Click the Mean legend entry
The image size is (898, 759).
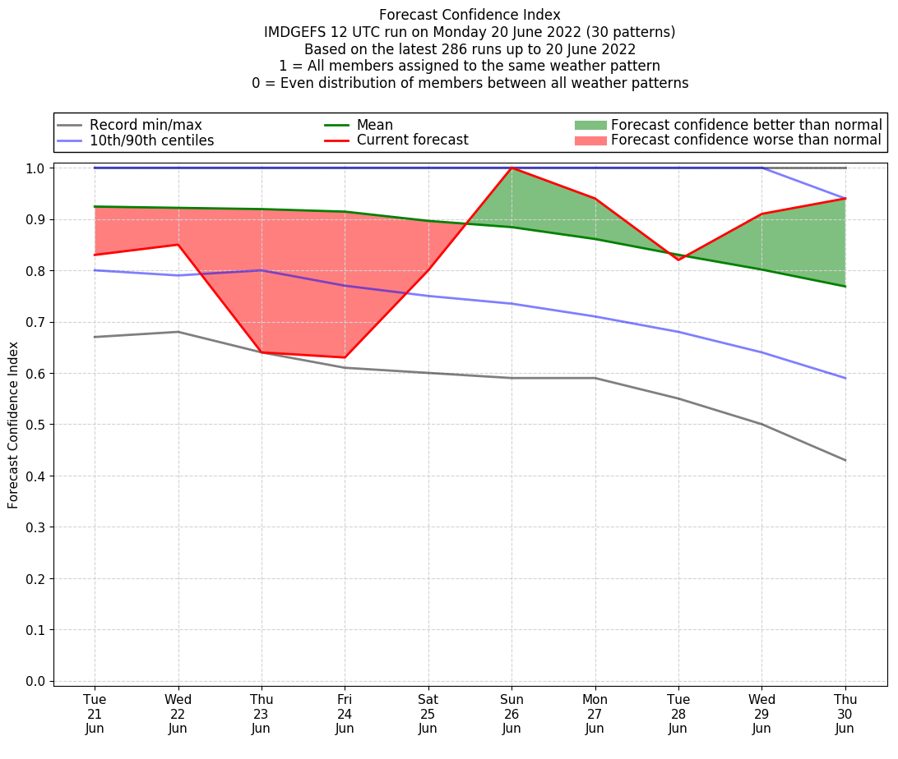(x=374, y=125)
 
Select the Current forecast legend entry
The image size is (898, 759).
(x=412, y=140)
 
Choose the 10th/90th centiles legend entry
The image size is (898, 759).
(x=151, y=140)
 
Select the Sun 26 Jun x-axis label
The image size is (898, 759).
(x=511, y=714)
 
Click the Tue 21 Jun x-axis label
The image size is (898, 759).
(x=95, y=714)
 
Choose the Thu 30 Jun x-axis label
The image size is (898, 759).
(x=845, y=714)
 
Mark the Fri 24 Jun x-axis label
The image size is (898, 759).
(x=345, y=714)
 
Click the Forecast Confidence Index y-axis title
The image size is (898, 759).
(x=14, y=425)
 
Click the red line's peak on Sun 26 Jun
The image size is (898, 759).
(x=511, y=168)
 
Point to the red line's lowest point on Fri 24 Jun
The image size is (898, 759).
(x=345, y=357)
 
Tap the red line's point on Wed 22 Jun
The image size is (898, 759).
(x=178, y=245)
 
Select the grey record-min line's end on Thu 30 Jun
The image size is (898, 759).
(x=845, y=460)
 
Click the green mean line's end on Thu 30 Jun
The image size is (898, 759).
(x=845, y=286)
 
